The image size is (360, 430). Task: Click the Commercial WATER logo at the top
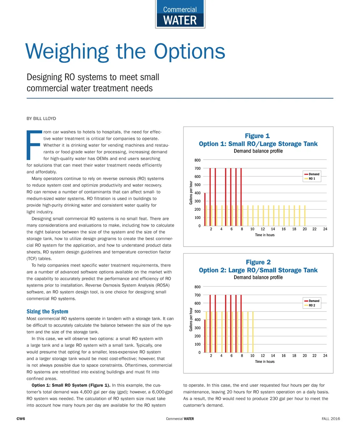click(180, 15)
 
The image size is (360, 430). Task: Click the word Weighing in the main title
click(67, 51)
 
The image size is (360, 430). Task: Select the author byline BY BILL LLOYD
click(41, 118)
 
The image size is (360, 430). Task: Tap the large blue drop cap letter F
click(34, 145)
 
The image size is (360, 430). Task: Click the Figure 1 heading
click(257, 136)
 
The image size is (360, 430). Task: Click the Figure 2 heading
click(258, 262)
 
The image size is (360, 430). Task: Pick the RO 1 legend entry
click(312, 179)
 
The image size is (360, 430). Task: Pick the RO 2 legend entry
click(312, 305)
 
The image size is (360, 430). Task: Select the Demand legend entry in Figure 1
click(314, 174)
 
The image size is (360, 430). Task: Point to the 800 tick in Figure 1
click(197, 160)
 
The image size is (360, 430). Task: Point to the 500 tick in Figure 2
click(197, 312)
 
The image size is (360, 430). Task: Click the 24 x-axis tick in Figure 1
click(325, 229)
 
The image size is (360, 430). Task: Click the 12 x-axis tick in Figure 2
click(263, 355)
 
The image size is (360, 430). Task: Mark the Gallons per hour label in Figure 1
click(191, 193)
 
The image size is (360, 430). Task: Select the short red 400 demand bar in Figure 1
click(205, 210)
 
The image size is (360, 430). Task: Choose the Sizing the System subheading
click(47, 312)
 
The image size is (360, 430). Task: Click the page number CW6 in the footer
click(21, 419)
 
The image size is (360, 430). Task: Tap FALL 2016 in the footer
click(331, 419)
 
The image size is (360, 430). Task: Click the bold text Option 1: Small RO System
click(71, 385)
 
